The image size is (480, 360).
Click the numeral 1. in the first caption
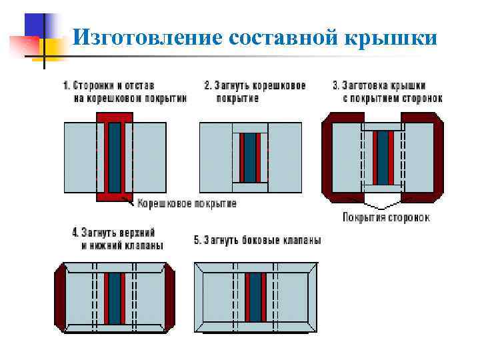tap(67, 86)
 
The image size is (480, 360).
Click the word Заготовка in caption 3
tap(373, 86)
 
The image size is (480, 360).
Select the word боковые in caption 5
tap(263, 240)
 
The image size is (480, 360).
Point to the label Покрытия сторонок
tap(386, 217)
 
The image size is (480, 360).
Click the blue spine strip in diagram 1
tap(115, 157)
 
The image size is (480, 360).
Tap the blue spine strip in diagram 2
tap(249, 157)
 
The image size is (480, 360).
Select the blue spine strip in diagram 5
tap(255, 298)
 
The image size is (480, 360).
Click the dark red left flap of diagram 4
tap(59, 297)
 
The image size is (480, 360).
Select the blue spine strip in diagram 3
tap(383, 157)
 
